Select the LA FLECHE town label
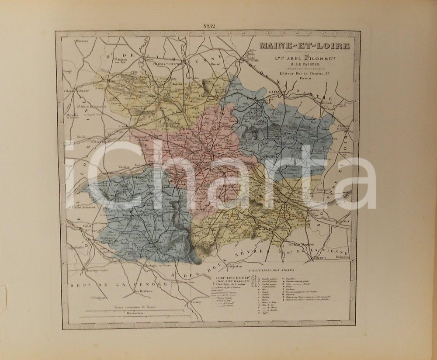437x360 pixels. point(277,91)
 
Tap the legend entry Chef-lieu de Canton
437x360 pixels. point(232,286)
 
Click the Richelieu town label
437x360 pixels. point(340,258)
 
